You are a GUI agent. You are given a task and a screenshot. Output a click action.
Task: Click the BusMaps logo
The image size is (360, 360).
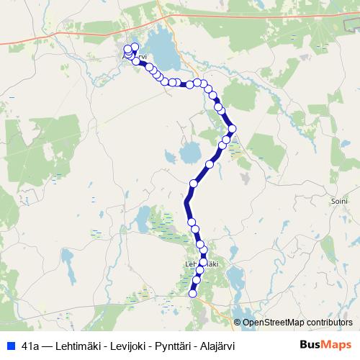(325, 345)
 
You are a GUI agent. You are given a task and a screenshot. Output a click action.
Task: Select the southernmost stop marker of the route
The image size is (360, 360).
(192, 292)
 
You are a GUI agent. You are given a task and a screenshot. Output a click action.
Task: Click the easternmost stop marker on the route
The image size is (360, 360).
(232, 130)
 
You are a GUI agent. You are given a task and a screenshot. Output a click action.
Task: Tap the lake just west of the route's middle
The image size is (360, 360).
(189, 153)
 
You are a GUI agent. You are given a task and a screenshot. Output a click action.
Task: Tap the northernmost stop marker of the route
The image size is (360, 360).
(135, 47)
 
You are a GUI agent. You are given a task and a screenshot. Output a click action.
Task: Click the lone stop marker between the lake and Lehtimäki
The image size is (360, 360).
(193, 183)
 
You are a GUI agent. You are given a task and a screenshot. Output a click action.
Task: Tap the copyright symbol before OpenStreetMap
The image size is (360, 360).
(238, 322)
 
